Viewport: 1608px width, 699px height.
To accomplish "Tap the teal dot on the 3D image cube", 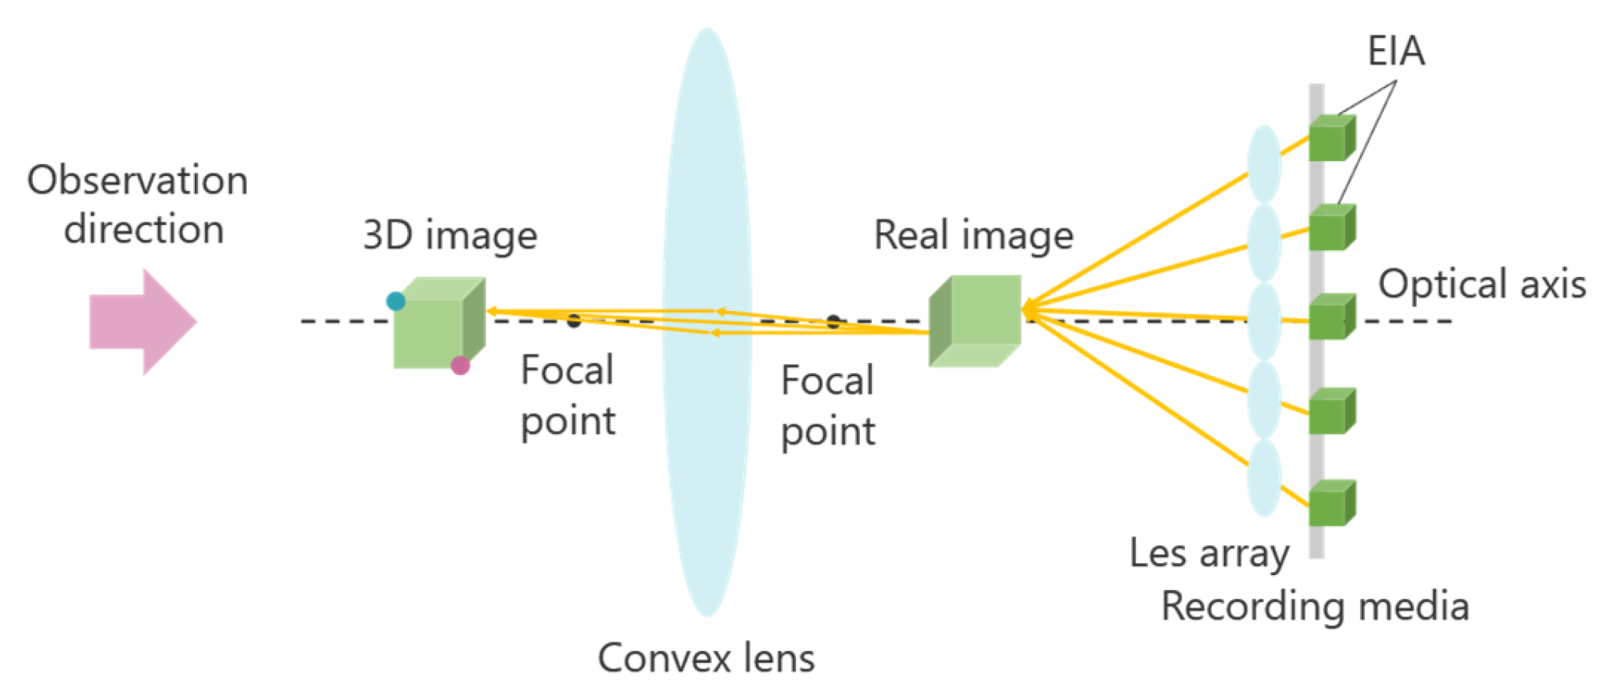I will (395, 301).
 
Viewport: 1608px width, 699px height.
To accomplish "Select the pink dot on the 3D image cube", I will (461, 365).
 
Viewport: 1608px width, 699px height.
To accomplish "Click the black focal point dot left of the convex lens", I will (574, 320).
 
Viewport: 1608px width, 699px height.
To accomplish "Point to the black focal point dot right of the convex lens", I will (833, 321).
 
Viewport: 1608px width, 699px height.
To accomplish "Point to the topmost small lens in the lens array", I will (1264, 164).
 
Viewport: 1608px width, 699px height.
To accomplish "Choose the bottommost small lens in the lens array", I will (1264, 478).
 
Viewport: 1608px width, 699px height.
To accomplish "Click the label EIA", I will (1396, 52).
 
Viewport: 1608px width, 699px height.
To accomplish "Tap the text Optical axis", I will (1482, 284).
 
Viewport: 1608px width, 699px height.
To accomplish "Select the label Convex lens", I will (706, 658).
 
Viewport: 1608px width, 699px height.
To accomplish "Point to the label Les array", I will (1209, 554).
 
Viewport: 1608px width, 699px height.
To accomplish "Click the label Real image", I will (974, 236).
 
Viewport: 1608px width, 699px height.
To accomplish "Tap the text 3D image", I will (450, 236).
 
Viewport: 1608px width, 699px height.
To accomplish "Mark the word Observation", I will (138, 181).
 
